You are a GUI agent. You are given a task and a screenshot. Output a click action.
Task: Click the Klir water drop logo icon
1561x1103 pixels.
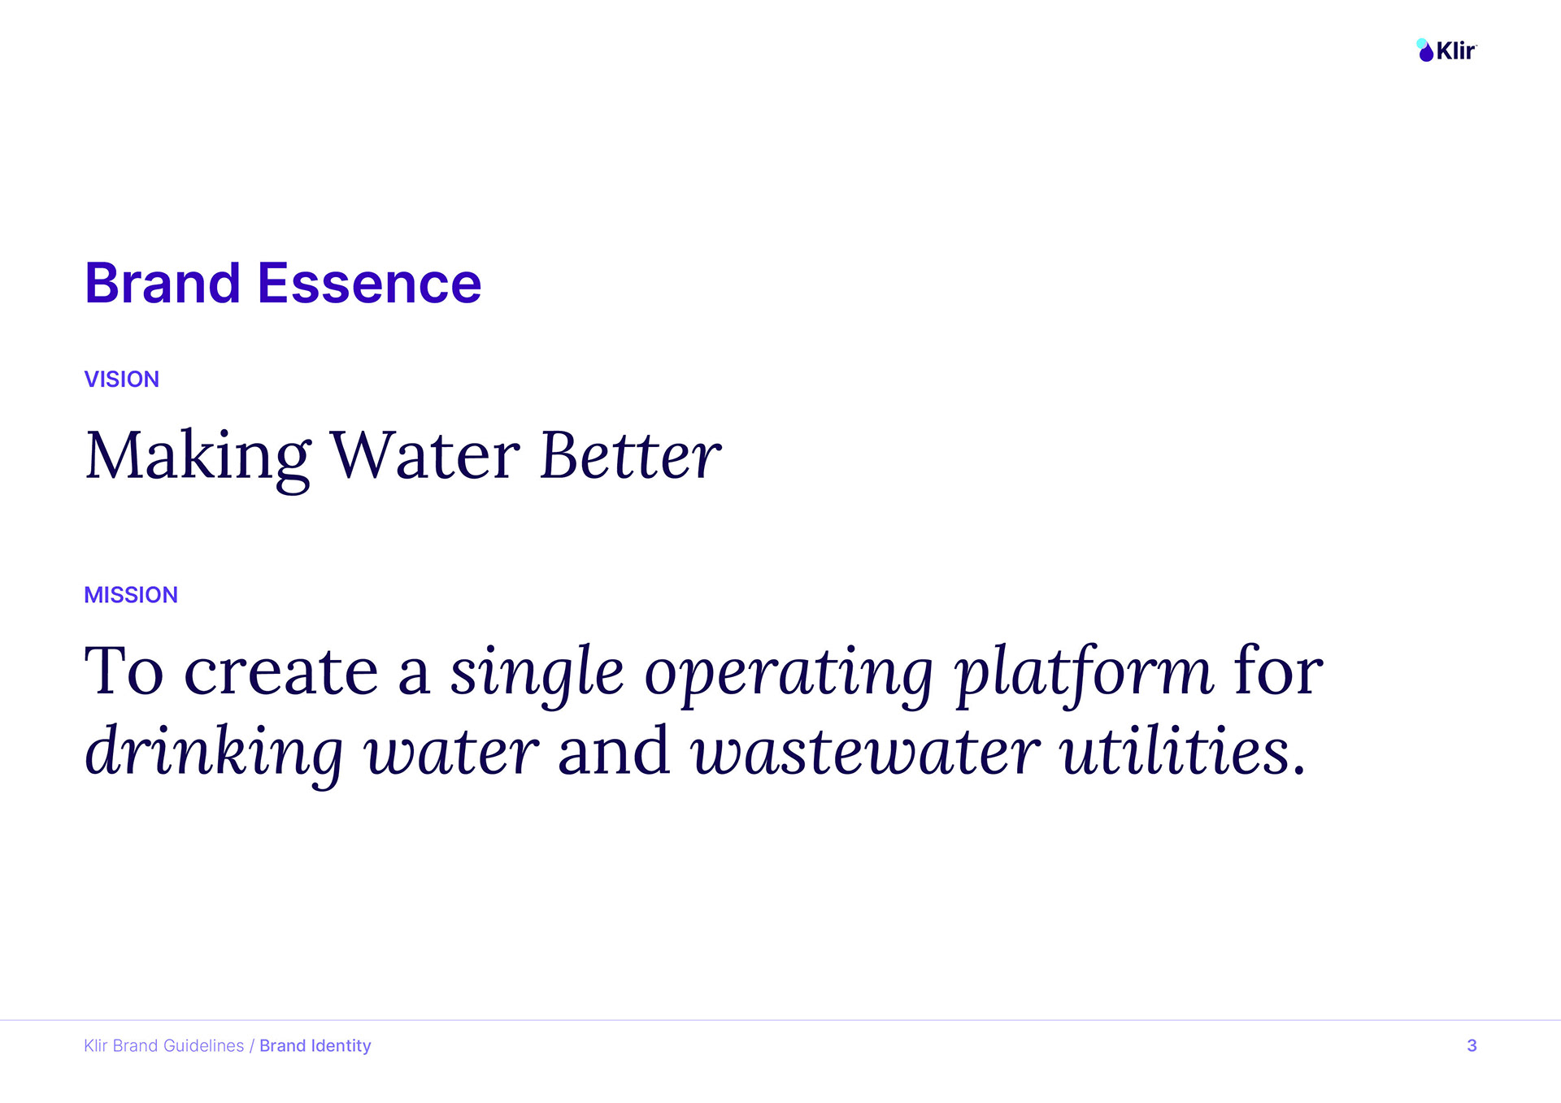click(x=1425, y=50)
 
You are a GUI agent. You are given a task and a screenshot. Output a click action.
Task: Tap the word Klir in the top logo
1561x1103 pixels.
click(x=1456, y=51)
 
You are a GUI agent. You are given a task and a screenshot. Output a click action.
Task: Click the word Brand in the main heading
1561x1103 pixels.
click(x=163, y=284)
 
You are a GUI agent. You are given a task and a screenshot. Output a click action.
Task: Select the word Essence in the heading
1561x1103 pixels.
click(x=369, y=284)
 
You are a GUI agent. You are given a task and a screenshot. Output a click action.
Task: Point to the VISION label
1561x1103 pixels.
click(x=122, y=380)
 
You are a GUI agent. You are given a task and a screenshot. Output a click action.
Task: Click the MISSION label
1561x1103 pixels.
click(x=131, y=595)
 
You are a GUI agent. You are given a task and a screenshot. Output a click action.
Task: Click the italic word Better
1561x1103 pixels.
click(x=631, y=455)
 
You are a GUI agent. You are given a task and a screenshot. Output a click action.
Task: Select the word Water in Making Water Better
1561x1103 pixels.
click(x=425, y=455)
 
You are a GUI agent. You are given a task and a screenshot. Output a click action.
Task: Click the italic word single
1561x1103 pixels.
click(x=537, y=675)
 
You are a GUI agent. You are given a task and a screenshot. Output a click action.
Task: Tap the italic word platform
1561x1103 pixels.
click(x=1085, y=675)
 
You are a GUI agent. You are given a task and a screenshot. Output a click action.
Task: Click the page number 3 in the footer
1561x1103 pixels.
click(x=1472, y=1046)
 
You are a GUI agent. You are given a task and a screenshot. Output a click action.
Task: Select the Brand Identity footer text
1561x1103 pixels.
click(x=315, y=1046)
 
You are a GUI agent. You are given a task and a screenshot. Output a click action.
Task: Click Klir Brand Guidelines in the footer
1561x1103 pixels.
click(x=164, y=1046)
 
